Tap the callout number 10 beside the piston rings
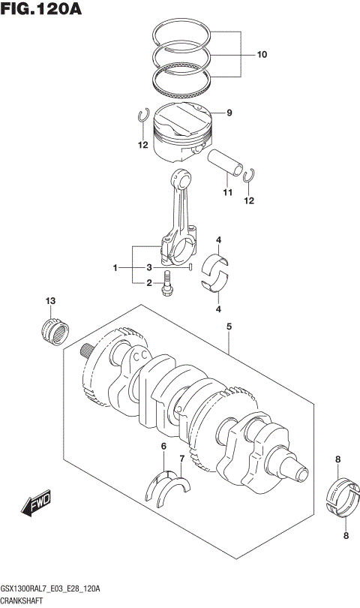click(x=261, y=55)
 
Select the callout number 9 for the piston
click(x=229, y=113)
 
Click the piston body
click(x=181, y=132)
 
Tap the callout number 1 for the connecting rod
click(x=115, y=268)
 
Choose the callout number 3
click(x=149, y=268)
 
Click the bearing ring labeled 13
click(x=54, y=332)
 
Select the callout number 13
click(x=50, y=301)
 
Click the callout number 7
click(x=181, y=459)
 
